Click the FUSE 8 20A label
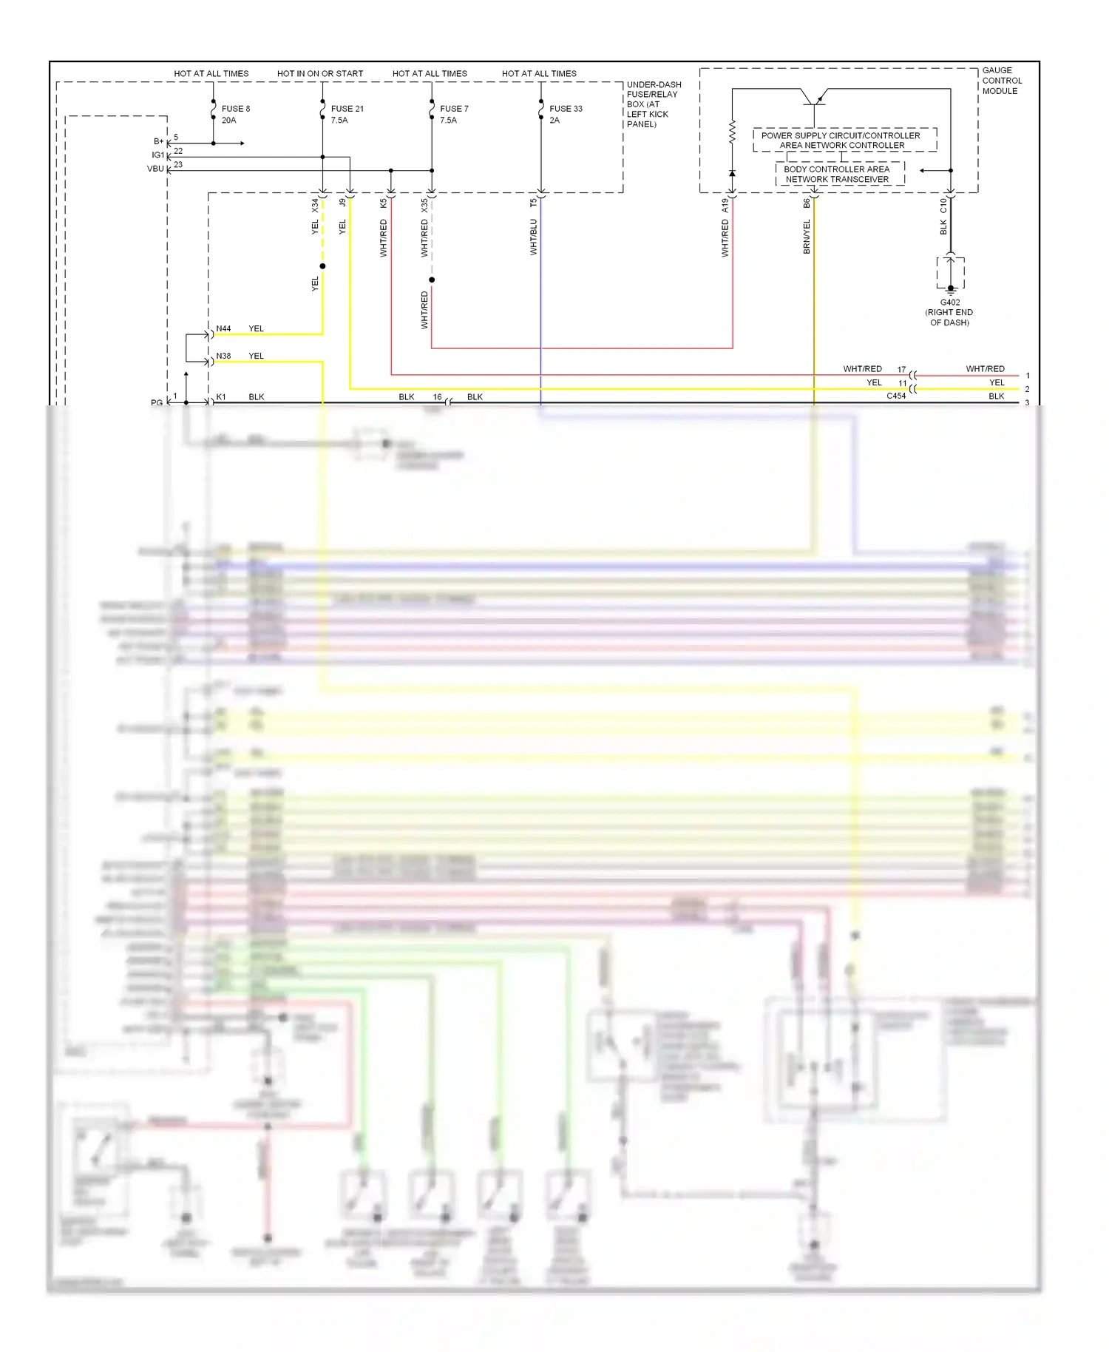235,114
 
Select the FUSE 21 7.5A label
347,114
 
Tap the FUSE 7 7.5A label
454,114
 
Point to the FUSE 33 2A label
566,114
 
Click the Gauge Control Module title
1002,81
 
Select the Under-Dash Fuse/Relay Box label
654,104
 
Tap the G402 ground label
950,312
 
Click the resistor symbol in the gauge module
732,132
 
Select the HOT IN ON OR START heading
320,73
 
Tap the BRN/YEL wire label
807,237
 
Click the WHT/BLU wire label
533,237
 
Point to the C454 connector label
896,396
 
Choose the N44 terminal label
223,328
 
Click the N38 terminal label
223,356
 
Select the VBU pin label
155,169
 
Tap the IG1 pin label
157,155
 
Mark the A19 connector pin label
725,205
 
